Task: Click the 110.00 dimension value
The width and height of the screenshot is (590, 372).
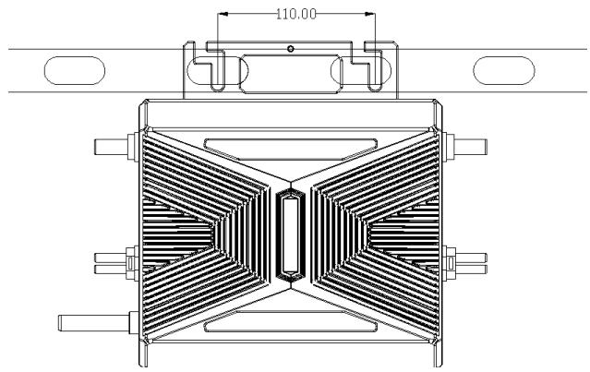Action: (x=295, y=15)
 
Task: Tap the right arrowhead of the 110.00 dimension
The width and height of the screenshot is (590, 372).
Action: (x=371, y=15)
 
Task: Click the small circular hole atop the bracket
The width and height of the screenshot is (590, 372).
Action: (x=290, y=47)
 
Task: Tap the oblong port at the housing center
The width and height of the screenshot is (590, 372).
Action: (x=289, y=235)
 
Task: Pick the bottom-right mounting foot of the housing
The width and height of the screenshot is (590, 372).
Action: (x=433, y=354)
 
